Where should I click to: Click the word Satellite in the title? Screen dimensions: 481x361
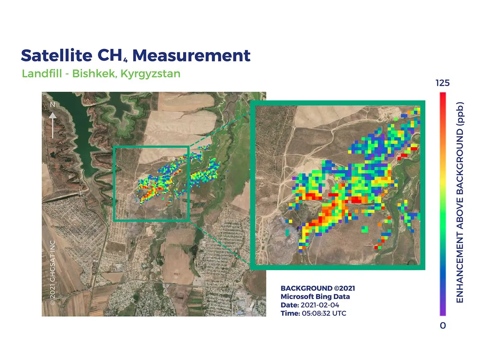pos(57,56)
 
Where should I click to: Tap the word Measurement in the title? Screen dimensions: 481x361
pos(192,56)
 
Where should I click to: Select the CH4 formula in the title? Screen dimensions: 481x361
pos(112,56)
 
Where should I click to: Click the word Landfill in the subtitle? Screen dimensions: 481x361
pos(42,74)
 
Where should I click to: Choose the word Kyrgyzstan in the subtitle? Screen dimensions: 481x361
pos(150,74)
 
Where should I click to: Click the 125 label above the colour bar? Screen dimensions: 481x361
pos(443,83)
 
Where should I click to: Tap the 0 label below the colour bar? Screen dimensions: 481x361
pos(443,326)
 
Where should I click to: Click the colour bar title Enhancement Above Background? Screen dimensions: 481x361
pos(459,203)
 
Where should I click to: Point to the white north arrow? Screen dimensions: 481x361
pos(53,125)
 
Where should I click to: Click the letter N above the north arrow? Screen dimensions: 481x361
pos(53,104)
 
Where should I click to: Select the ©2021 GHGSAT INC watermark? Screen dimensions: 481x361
pos(52,273)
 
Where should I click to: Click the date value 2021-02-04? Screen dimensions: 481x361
pos(320,305)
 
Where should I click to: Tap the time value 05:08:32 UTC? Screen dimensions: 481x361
pos(324,313)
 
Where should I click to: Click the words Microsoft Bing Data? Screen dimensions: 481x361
pos(315,296)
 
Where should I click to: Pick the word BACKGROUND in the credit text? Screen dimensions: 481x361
pos(306,288)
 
